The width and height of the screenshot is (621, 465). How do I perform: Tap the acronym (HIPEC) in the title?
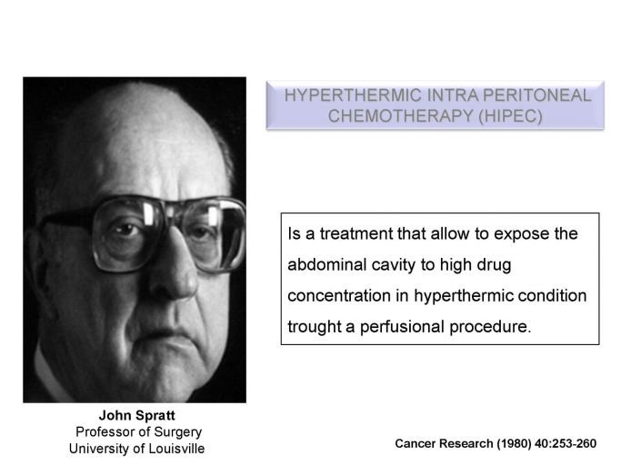tap(510, 116)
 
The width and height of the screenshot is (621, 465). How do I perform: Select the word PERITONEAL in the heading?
tap(536, 95)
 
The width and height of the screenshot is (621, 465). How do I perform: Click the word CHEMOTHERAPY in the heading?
tap(401, 116)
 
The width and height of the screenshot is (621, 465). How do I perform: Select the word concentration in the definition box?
tap(339, 296)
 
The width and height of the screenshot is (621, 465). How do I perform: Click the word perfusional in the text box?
tap(402, 327)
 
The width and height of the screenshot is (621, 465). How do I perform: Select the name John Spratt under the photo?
tap(136, 415)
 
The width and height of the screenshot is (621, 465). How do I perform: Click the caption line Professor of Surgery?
tap(138, 431)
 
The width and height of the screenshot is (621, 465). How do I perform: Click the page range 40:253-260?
tap(566, 443)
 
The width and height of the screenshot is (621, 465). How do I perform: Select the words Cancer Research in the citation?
tap(444, 443)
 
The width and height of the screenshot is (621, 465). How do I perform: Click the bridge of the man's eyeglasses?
tap(171, 208)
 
